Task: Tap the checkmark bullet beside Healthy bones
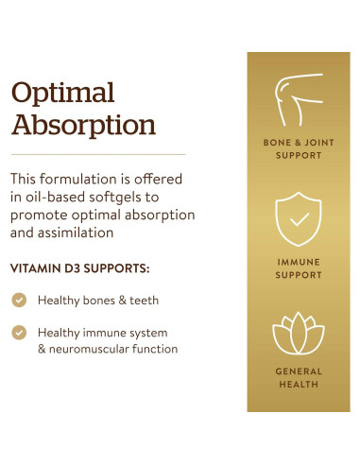click(19, 300)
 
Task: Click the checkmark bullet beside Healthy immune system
click(19, 333)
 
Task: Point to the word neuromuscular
click(92, 349)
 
